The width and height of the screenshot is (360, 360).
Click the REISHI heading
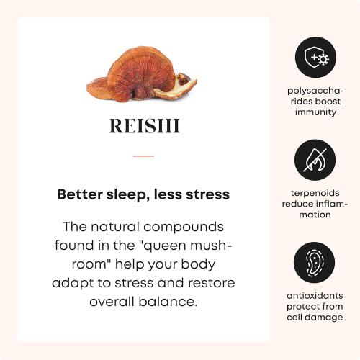pyautogui.click(x=144, y=127)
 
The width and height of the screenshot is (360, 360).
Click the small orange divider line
pyautogui.click(x=143, y=156)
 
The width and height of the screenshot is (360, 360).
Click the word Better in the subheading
pyautogui.click(x=81, y=194)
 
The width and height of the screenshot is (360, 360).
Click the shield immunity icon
pyautogui.click(x=315, y=58)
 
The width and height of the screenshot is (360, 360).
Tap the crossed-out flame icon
pyautogui.click(x=315, y=160)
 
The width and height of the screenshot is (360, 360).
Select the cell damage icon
pyautogui.click(x=315, y=262)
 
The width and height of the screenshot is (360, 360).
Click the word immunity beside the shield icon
pyautogui.click(x=315, y=112)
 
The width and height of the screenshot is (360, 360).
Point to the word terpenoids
pyautogui.click(x=315, y=194)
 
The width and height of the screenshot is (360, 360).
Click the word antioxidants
pyautogui.click(x=315, y=296)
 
